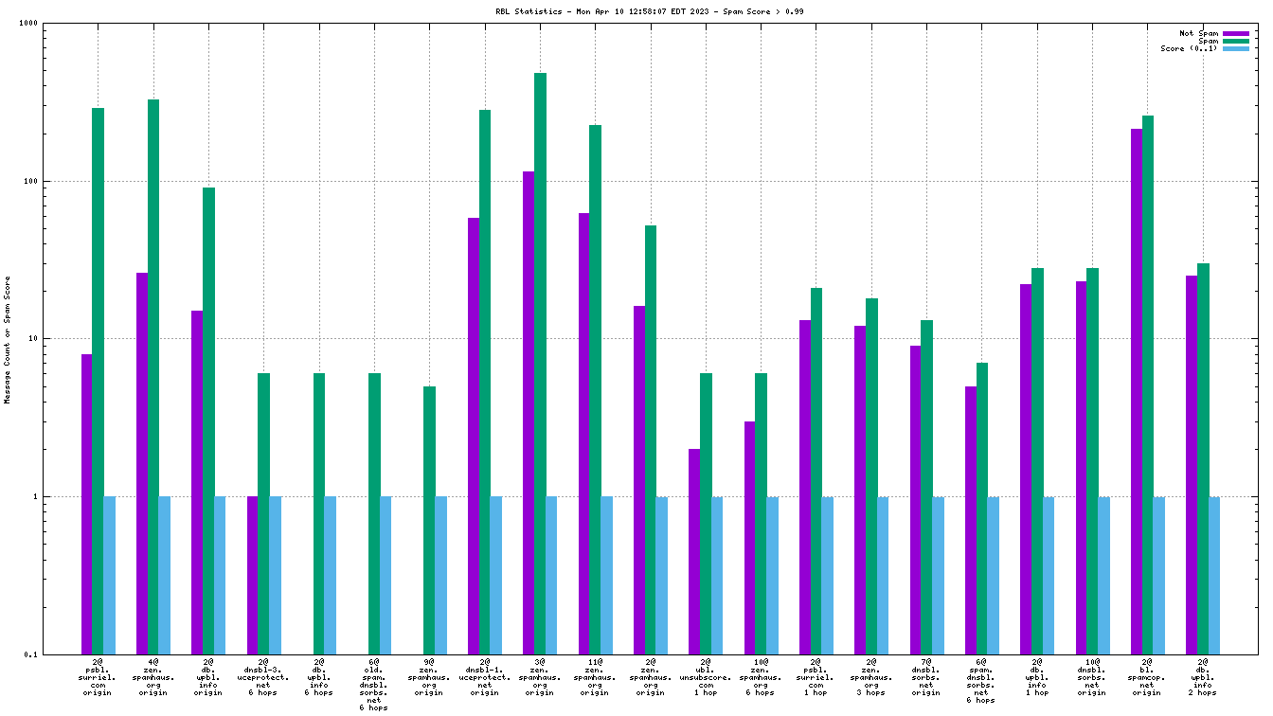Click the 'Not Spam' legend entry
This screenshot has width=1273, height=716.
(1198, 33)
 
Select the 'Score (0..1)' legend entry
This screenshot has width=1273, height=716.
(1189, 48)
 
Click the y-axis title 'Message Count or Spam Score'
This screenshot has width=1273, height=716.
(8, 339)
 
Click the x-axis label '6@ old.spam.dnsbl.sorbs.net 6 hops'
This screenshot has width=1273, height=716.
(373, 684)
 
